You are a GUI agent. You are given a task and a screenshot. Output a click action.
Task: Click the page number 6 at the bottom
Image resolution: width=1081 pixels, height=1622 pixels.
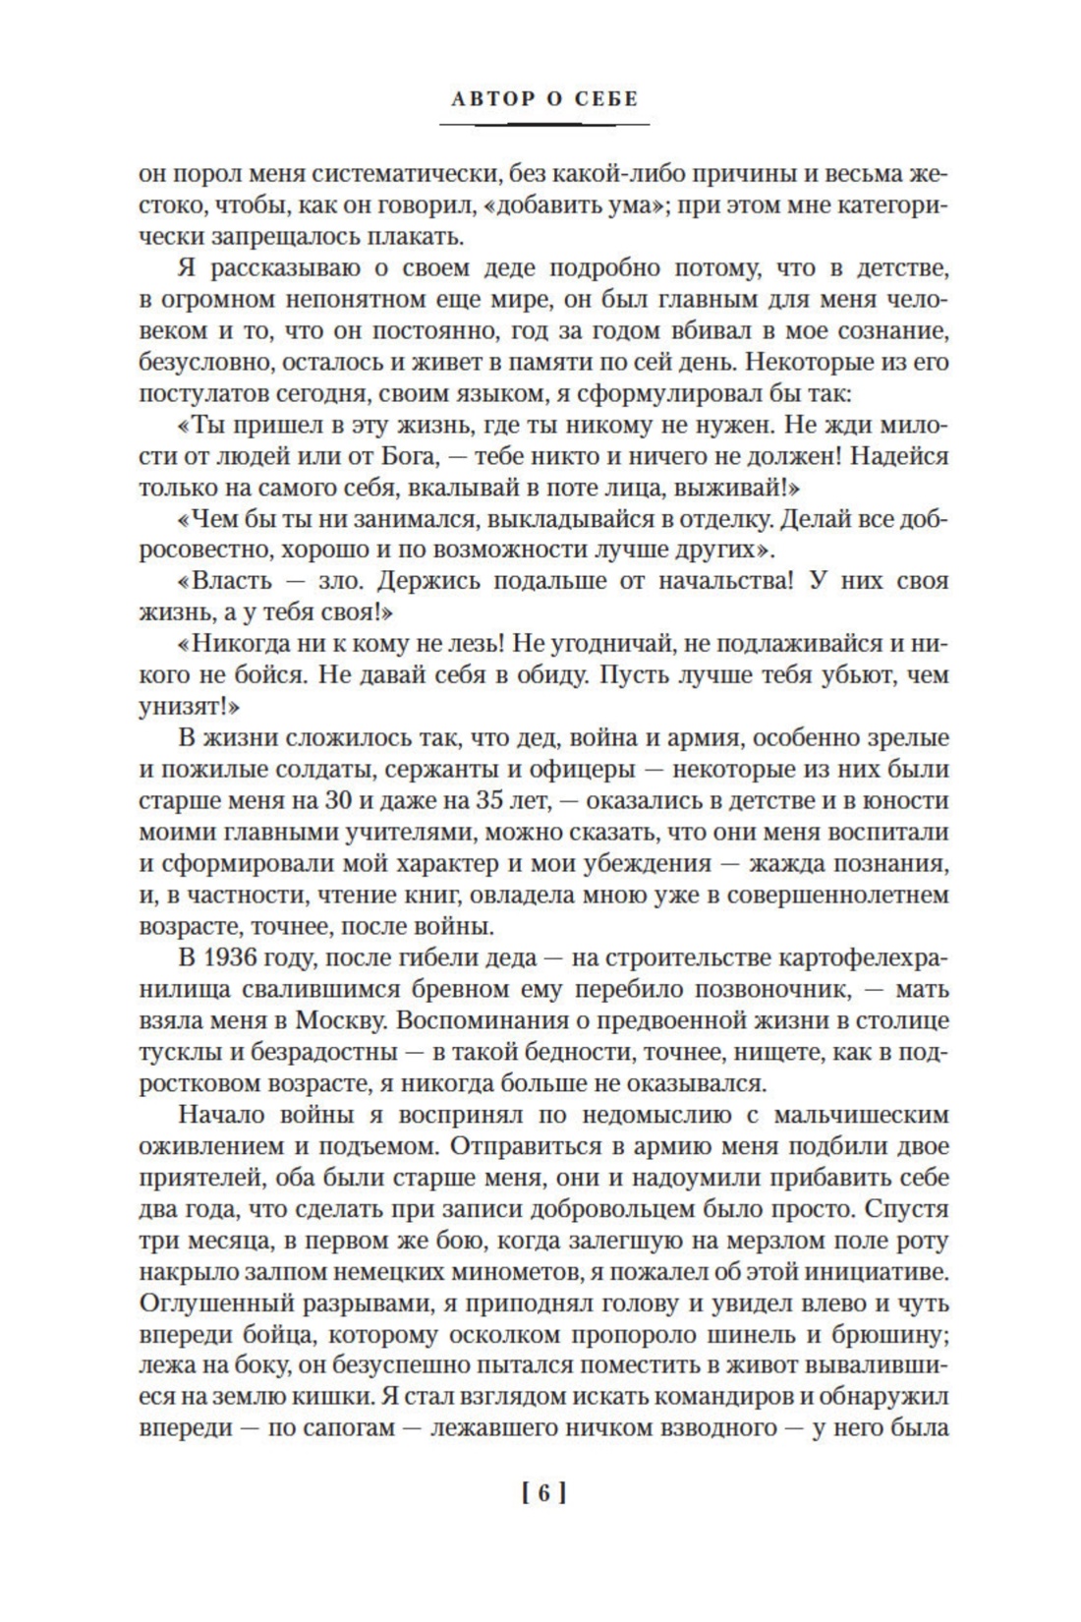540,1494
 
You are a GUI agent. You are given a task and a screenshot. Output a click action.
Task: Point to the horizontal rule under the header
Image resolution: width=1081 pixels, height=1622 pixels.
543,125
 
